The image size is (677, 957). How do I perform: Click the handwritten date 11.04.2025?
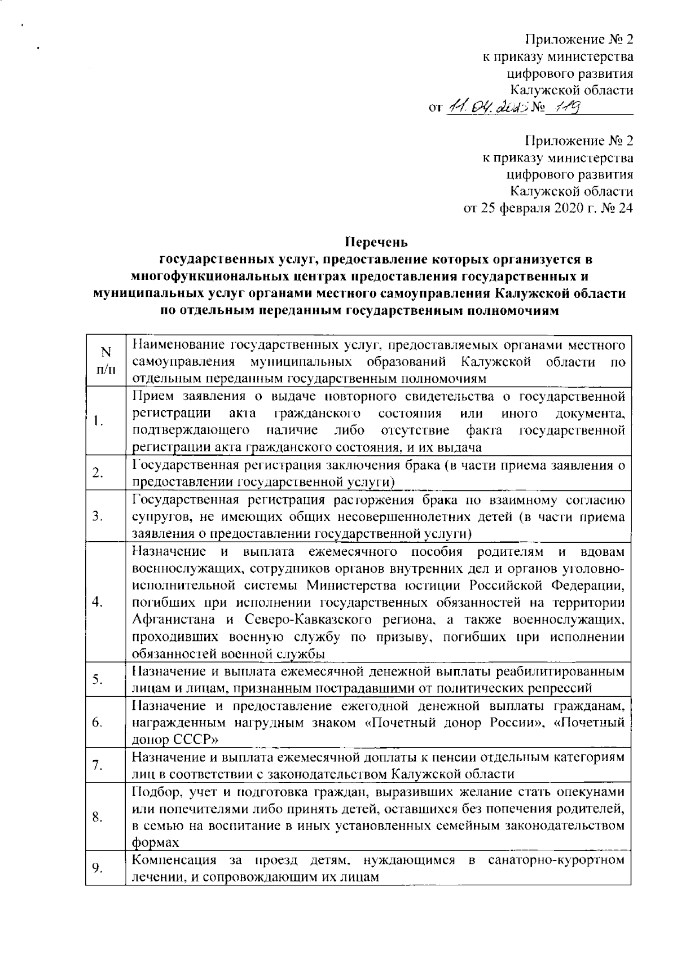point(487,107)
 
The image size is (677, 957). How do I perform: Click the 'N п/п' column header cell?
point(105,361)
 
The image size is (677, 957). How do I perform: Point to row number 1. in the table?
point(98,420)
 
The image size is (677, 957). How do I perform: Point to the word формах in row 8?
point(155,843)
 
